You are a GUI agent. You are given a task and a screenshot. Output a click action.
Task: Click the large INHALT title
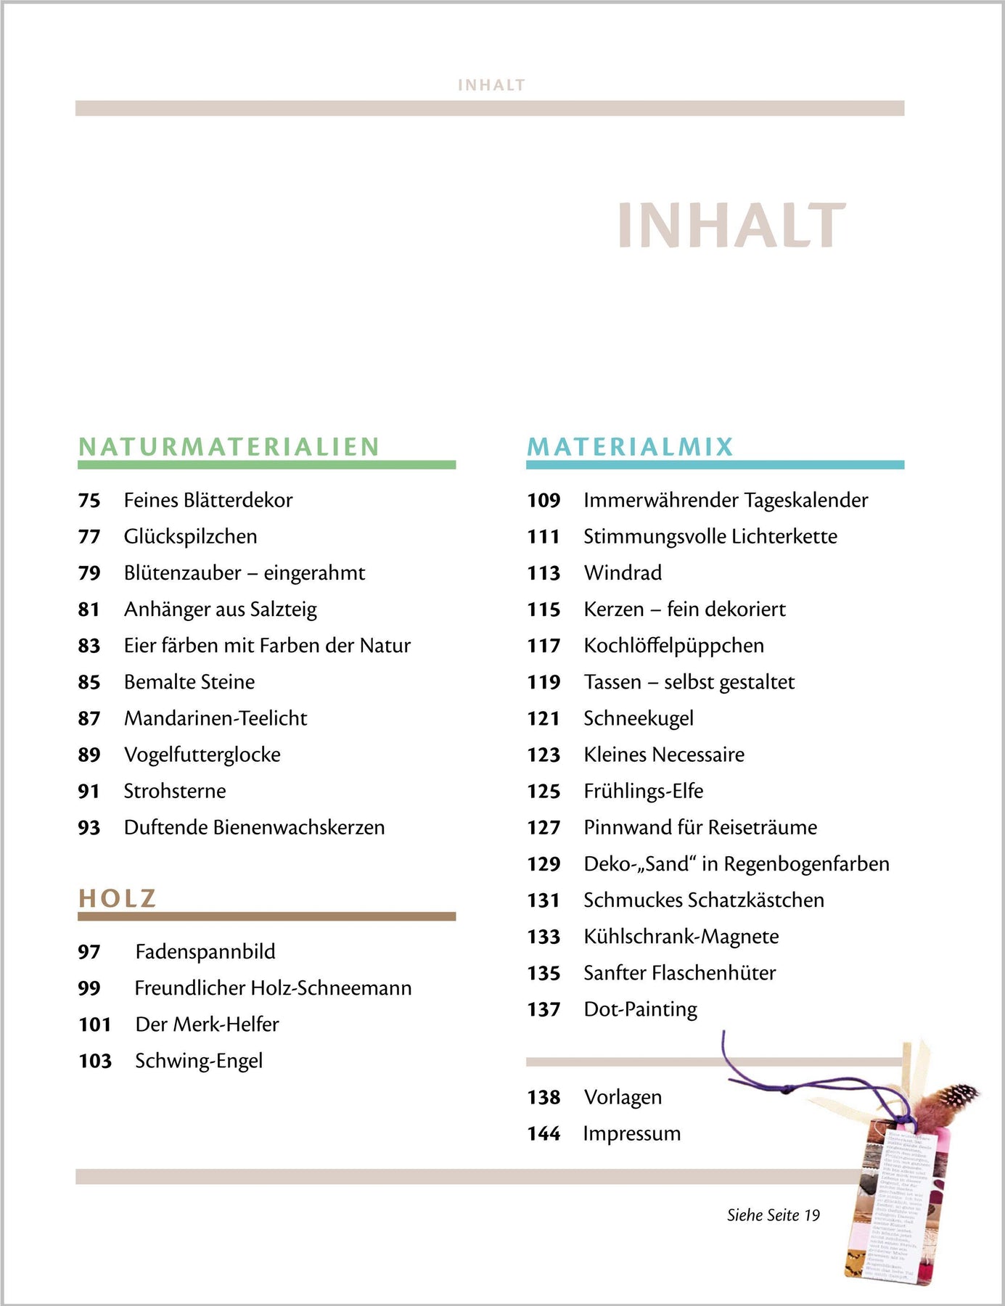(731, 226)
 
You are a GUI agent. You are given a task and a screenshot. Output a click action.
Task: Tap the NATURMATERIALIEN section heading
(229, 446)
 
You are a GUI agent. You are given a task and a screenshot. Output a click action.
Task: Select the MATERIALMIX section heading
(631, 446)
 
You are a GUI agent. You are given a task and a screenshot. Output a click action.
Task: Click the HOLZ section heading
(118, 898)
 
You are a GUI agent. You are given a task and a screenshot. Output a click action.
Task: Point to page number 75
(89, 501)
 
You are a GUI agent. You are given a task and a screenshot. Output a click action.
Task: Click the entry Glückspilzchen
(190, 537)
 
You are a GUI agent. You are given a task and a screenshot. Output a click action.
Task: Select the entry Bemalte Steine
(189, 682)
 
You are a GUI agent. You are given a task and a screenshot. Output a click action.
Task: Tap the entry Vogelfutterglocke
(202, 755)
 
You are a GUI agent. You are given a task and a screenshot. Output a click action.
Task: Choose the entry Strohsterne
(175, 791)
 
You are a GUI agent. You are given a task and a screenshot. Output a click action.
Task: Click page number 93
(89, 828)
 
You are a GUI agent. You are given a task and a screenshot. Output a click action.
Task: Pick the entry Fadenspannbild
(205, 952)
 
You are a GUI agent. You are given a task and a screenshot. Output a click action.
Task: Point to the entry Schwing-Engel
(199, 1061)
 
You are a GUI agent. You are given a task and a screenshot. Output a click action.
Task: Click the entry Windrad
(623, 573)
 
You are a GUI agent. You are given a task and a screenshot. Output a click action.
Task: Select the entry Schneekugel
(639, 718)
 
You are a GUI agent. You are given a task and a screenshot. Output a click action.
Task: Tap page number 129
(543, 864)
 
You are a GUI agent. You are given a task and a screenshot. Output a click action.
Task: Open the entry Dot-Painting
(640, 1009)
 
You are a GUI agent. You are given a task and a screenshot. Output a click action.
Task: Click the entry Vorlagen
(623, 1097)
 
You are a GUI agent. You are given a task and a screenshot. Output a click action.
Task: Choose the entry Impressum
(632, 1133)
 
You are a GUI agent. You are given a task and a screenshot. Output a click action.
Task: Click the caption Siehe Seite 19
(774, 1215)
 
